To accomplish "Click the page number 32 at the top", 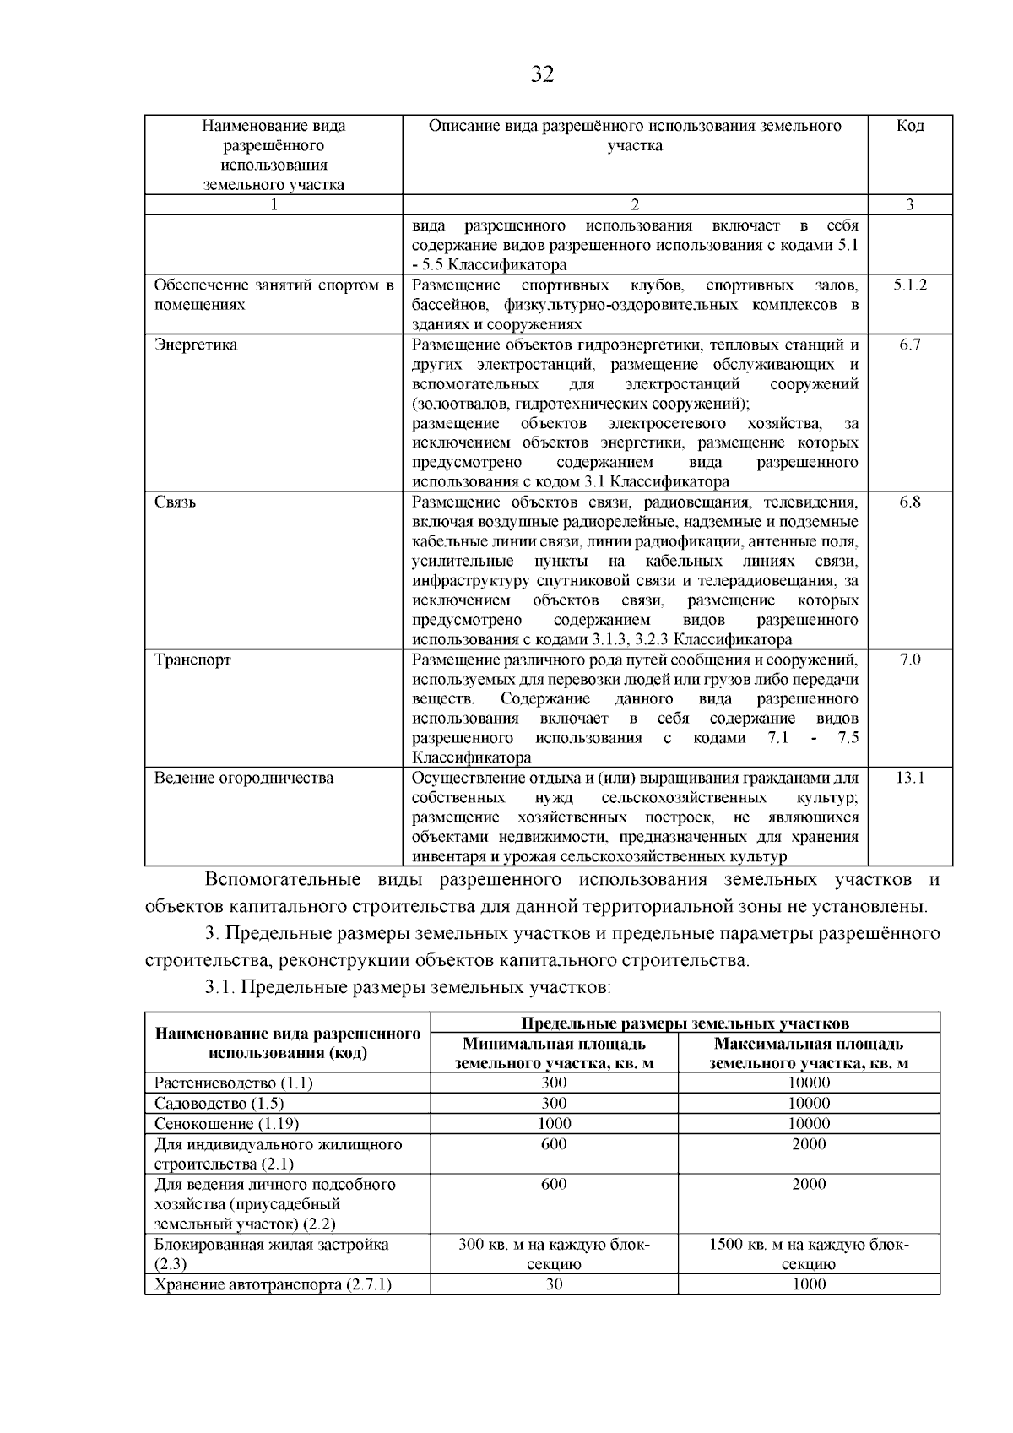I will pos(542,75).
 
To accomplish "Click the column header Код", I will pos(909,126).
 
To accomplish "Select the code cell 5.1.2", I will pos(910,285).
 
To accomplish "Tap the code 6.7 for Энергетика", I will pos(910,345).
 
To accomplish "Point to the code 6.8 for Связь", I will pos(910,502).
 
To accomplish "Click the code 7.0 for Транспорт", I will pos(910,660).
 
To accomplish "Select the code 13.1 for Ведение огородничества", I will pos(910,778).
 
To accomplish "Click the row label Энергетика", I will pos(196,345).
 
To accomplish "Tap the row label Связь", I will pos(175,502).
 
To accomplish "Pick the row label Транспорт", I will pos(192,660).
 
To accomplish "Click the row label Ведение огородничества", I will pos(243,778).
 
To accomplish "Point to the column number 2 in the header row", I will pos(635,204).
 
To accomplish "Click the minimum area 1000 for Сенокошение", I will pos(554,1123).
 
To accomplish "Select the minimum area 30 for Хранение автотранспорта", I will pos(554,1284).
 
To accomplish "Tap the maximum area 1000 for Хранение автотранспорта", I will pos(809,1284).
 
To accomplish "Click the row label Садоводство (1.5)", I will pos(219,1103).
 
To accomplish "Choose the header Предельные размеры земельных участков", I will pos(685,1023).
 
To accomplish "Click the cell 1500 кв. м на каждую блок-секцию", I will pos(809,1254).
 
